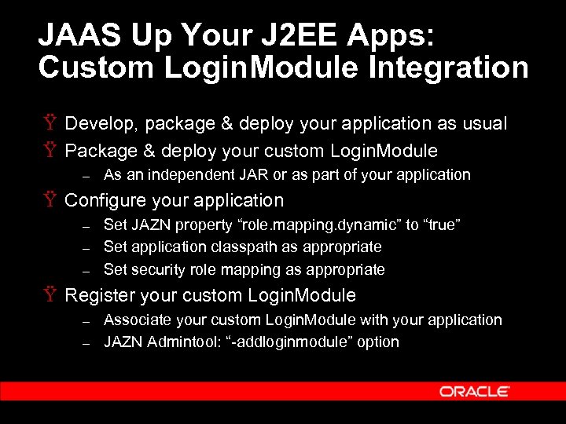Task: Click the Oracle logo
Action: (x=474, y=391)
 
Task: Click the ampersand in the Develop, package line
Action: (x=225, y=124)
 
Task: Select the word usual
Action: (x=484, y=124)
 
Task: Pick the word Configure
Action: (x=105, y=201)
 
